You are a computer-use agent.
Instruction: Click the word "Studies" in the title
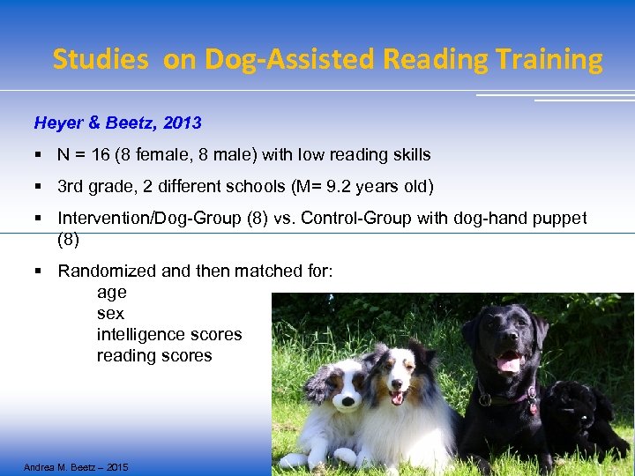pos(100,59)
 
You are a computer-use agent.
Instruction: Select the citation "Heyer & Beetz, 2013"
pos(117,123)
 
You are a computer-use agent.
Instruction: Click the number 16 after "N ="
pos(101,155)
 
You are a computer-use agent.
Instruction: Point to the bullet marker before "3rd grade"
pos(39,188)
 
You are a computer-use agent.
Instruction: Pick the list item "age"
pos(111,293)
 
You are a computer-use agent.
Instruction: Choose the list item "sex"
pos(110,314)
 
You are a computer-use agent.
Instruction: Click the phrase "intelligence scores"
pos(169,335)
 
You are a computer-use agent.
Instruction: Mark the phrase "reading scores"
pos(154,356)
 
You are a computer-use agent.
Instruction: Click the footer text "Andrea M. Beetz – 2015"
pos(76,466)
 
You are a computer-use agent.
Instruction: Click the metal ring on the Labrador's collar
pos(485,399)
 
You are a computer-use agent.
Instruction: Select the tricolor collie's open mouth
pos(397,398)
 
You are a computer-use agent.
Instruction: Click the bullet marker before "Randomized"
pos(39,271)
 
